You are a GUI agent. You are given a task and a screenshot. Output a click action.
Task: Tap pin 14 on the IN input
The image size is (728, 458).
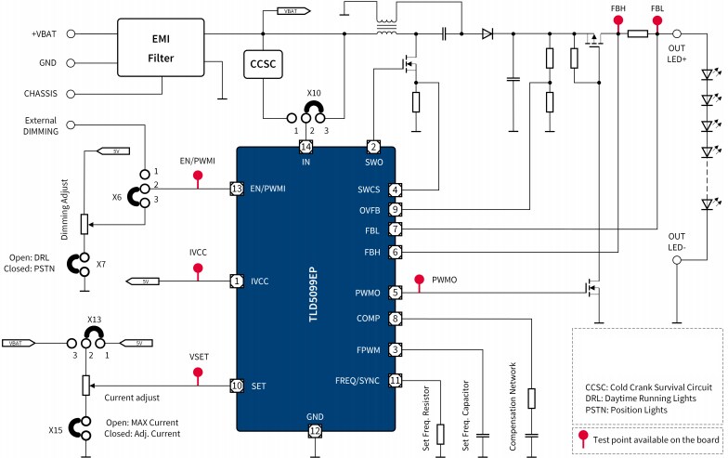click(x=305, y=148)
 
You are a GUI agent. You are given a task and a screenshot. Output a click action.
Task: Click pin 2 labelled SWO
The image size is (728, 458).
click(x=372, y=148)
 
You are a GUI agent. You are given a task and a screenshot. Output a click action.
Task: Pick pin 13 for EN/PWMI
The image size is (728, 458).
click(x=237, y=189)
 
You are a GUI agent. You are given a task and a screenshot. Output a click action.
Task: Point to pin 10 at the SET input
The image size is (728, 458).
click(x=237, y=385)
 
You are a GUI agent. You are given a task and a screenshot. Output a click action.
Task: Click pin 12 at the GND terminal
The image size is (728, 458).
click(x=316, y=431)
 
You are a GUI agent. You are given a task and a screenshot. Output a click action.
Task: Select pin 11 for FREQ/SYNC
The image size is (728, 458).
click(x=396, y=380)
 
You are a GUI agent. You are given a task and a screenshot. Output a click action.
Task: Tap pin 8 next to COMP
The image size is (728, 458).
click(x=396, y=319)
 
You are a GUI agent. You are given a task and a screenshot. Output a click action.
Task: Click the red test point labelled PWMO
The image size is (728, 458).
click(x=421, y=277)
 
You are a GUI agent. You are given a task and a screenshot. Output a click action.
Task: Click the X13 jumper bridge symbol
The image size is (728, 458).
click(x=93, y=332)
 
